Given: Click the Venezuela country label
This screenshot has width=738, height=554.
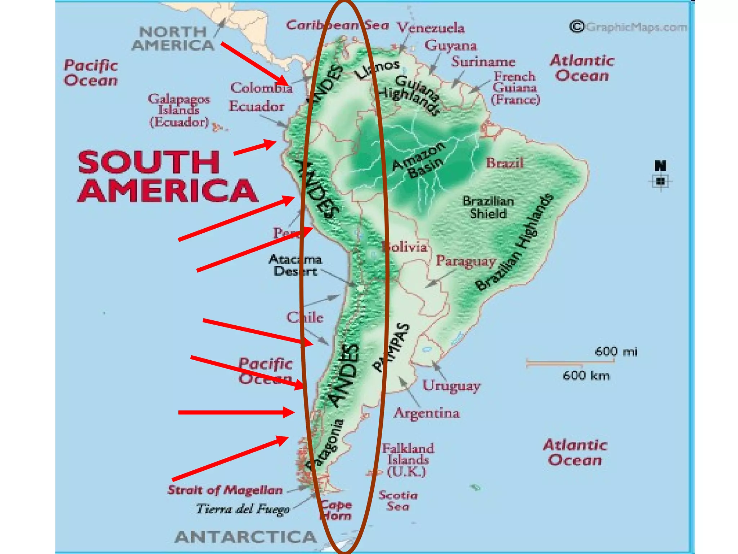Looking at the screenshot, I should coord(430,28).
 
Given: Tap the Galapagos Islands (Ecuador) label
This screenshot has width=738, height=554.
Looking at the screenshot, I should coord(179,110).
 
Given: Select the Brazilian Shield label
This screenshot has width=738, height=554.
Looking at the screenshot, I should coord(488,207).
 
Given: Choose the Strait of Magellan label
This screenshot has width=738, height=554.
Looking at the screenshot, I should coord(225,490).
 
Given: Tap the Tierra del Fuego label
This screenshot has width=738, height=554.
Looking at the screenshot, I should coord(243,509).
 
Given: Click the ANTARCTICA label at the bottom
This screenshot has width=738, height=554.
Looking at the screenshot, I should coord(245,537).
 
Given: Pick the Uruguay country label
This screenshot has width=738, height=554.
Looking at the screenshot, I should coord(451,386).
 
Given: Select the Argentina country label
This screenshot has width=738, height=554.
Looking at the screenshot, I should coord(427,413).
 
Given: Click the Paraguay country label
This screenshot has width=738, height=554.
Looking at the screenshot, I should coord(466,261).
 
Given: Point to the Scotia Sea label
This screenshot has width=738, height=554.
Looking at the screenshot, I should coord(398,501).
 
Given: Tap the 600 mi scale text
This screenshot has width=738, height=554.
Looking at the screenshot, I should coord(616,351).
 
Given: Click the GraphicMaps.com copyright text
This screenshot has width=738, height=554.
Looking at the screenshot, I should coord(629,27).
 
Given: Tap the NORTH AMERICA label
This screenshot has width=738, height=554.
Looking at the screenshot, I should coord(173,38).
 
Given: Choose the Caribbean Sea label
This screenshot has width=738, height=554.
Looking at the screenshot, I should coord(338,25).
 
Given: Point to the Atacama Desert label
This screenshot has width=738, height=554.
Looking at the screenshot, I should coord(295,265).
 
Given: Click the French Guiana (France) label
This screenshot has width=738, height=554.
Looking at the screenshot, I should coord(515,88).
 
